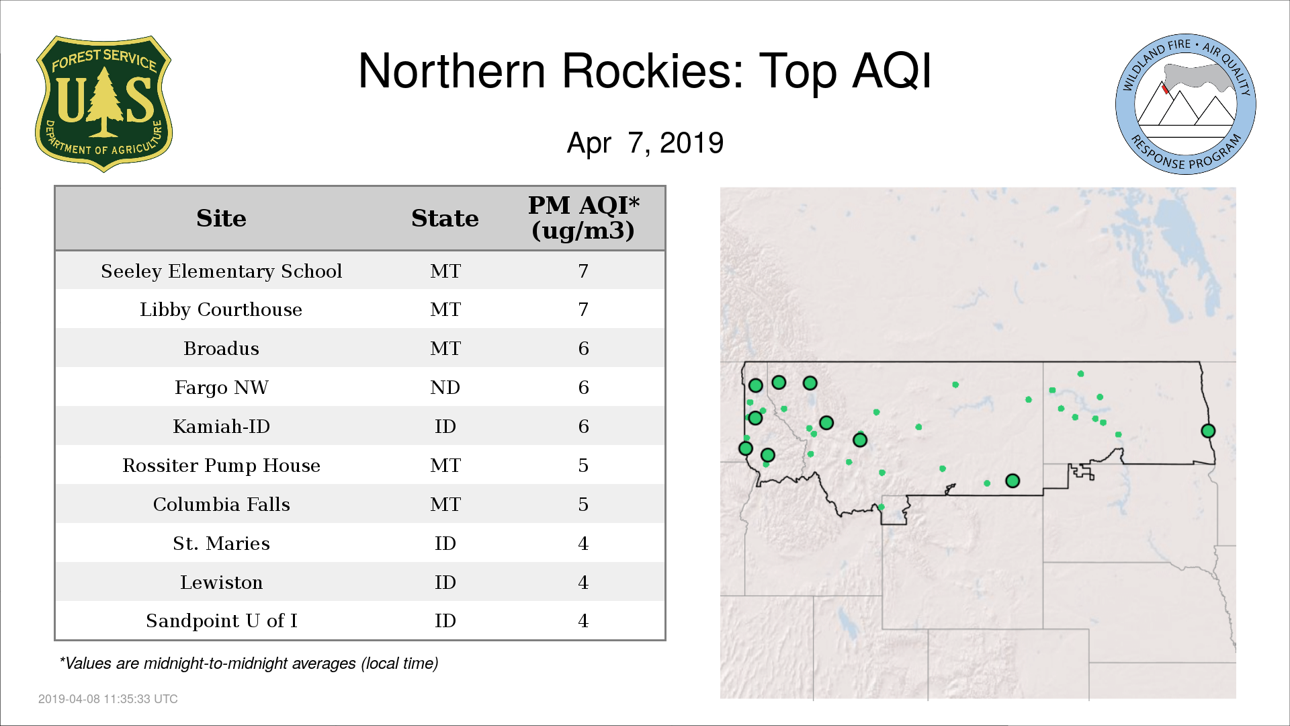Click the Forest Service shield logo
[x=103, y=104]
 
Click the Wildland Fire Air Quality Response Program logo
[x=1186, y=104]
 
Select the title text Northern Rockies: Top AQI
[x=645, y=71]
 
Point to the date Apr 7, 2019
[x=645, y=143]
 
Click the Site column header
[x=221, y=218]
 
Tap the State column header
[x=445, y=218]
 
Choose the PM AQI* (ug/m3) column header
[x=583, y=218]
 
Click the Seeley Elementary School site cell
[x=221, y=271]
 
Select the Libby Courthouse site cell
[x=221, y=309]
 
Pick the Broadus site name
[x=221, y=348]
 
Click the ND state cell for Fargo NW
[x=445, y=387]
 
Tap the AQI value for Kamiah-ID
[x=583, y=426]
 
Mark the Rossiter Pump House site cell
[x=221, y=465]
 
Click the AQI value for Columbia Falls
[x=583, y=504]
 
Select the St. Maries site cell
[x=221, y=543]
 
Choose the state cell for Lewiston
[x=445, y=582]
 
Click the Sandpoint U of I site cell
[x=221, y=620]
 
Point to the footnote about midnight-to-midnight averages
[x=249, y=663]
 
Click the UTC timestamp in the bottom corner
[x=108, y=699]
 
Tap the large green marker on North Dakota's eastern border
[x=1208, y=431]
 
